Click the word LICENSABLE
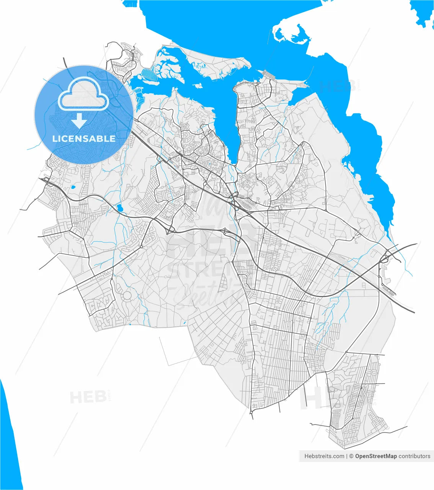pyautogui.click(x=84, y=139)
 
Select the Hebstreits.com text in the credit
pyautogui.click(x=324, y=456)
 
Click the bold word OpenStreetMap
pyautogui.click(x=376, y=456)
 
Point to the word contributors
pyautogui.click(x=414, y=456)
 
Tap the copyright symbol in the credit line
pyautogui.click(x=351, y=456)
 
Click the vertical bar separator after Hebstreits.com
pyautogui.click(x=347, y=456)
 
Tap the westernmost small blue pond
pyautogui.click(x=72, y=188)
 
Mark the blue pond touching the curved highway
pyautogui.click(x=120, y=208)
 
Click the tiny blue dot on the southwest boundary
pyautogui.click(x=130, y=325)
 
